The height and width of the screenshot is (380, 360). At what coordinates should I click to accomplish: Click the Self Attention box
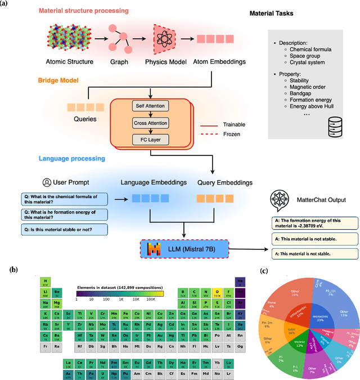tap(147, 106)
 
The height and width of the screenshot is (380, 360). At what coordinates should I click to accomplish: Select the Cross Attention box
tap(147, 122)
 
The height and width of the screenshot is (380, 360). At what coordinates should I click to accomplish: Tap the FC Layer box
tap(147, 138)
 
